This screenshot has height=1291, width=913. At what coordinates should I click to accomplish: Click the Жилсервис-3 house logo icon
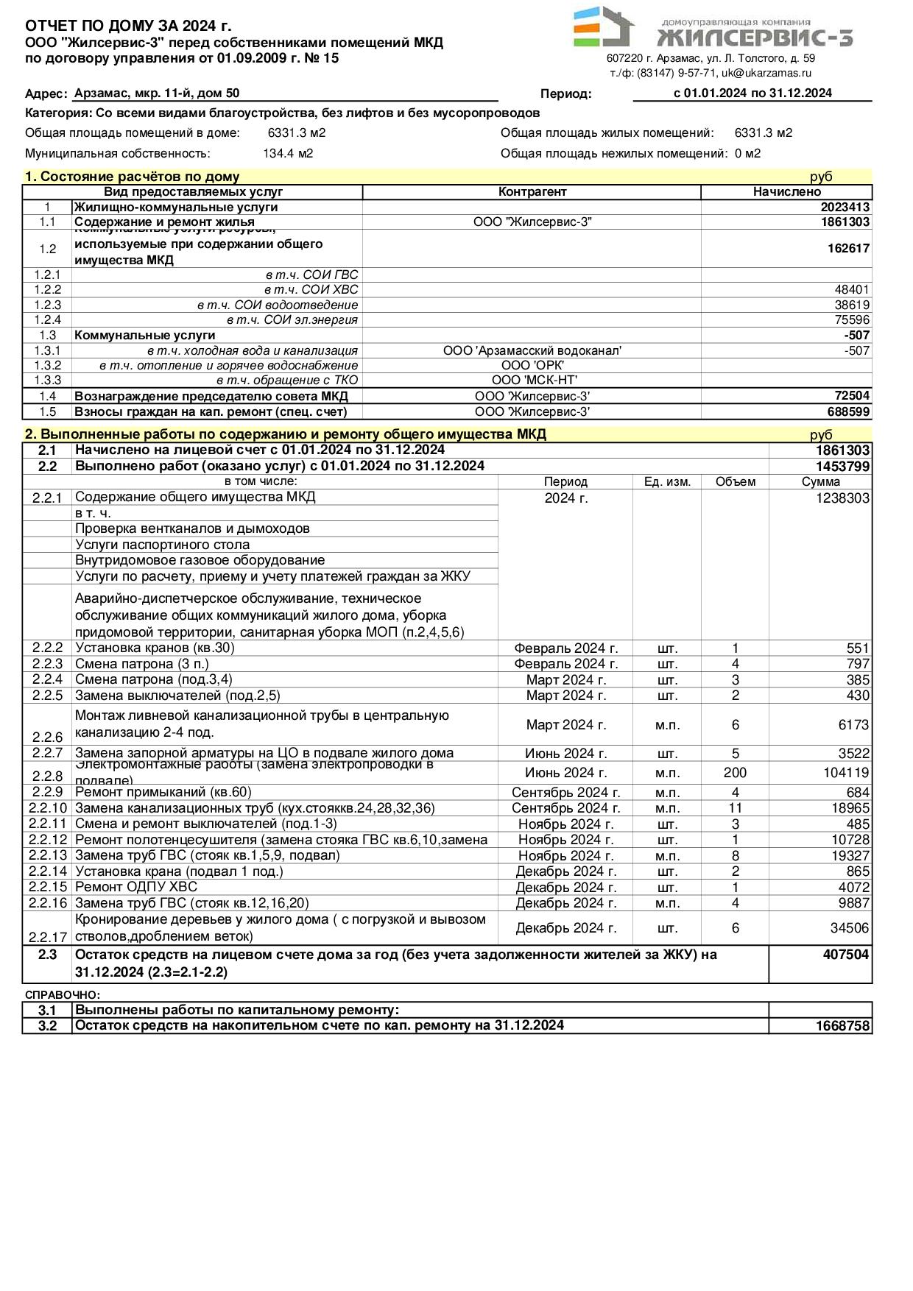click(603, 27)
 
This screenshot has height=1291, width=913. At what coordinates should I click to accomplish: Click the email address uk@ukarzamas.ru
click(766, 73)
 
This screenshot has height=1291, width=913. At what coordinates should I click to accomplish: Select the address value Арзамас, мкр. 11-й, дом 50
click(157, 93)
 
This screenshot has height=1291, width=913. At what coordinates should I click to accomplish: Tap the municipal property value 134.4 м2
click(288, 153)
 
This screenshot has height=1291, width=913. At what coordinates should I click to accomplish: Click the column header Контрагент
click(532, 191)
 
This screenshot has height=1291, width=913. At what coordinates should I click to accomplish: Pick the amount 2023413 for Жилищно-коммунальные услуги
click(845, 207)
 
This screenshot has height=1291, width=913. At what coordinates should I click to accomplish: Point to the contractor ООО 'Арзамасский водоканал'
click(532, 350)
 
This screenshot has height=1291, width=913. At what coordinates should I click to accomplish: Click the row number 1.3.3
click(47, 380)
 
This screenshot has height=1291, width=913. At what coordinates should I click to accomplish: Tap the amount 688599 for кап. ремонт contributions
click(847, 411)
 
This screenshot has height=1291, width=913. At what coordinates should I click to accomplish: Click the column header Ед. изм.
click(666, 481)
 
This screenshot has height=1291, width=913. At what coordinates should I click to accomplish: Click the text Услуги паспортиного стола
click(162, 545)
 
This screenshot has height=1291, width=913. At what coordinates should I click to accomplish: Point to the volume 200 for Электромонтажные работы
click(735, 772)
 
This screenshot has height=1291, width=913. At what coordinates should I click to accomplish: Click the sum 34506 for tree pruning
click(850, 928)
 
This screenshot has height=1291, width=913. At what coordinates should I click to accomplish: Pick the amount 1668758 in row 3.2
click(842, 1026)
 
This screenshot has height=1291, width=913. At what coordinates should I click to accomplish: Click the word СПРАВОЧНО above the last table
click(62, 994)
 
